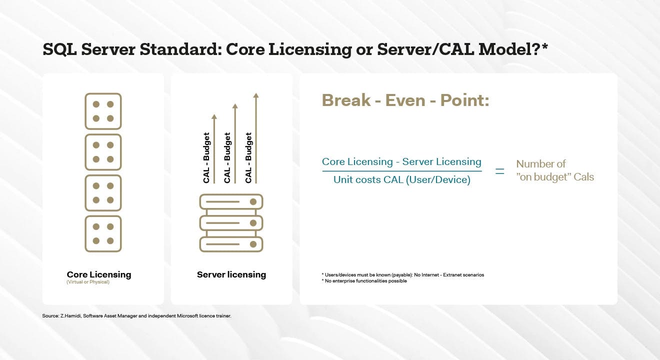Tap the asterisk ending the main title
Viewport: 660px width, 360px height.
tap(544, 46)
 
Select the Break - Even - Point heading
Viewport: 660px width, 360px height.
tap(405, 100)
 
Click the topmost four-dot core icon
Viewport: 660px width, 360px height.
tap(103, 111)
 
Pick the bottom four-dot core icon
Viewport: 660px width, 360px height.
tap(103, 234)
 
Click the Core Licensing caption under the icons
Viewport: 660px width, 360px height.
tap(99, 274)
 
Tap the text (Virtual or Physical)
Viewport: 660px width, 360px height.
tap(88, 282)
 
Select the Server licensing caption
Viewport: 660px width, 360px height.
tap(231, 274)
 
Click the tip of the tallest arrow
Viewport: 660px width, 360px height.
tap(256, 93)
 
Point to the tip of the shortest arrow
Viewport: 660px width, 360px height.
tap(214, 115)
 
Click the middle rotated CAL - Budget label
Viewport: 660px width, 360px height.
tap(227, 157)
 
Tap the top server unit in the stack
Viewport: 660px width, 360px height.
tap(231, 202)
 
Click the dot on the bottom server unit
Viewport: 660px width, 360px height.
tap(253, 244)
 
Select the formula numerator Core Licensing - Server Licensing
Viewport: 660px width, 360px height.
tap(401, 161)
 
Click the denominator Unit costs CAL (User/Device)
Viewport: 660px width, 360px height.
tap(402, 179)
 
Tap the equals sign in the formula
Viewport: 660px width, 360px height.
tap(499, 171)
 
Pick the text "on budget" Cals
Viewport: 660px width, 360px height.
tap(555, 177)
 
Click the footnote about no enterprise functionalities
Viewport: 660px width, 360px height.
tap(364, 281)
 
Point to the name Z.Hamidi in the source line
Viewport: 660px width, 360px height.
tap(70, 316)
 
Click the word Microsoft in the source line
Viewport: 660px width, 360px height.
tap(187, 316)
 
